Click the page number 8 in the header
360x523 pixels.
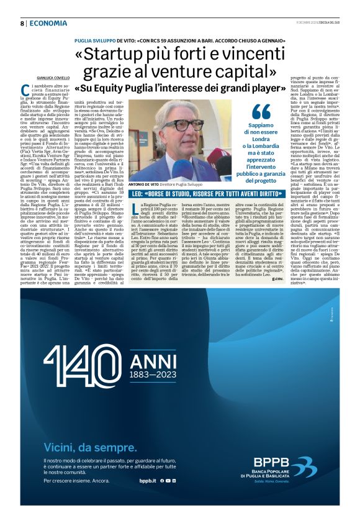coord(22,24)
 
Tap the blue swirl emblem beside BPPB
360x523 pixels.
coord(304,467)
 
